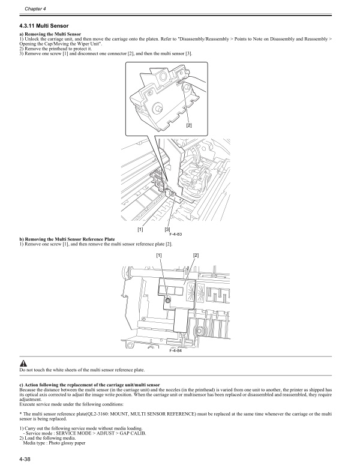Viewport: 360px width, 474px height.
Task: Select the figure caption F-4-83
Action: [174, 233]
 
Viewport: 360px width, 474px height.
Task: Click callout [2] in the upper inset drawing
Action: [188, 125]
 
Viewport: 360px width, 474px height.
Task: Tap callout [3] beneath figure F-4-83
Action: [168, 229]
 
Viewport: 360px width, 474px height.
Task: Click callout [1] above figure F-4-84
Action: [160, 256]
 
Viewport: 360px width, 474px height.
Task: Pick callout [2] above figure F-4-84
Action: [196, 256]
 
